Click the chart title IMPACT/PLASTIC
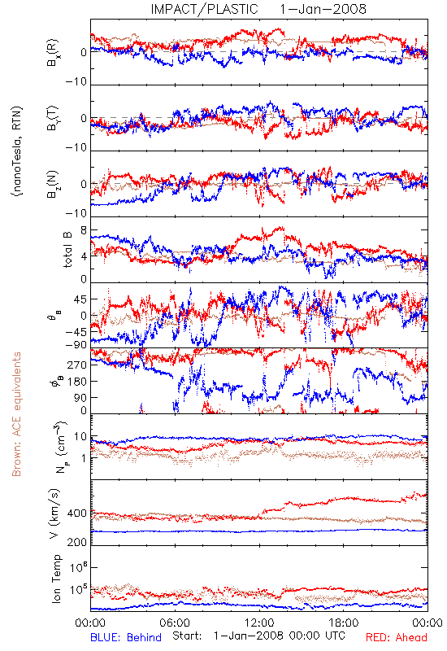(x=205, y=9)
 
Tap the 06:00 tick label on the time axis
(x=175, y=623)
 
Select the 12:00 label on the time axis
(x=259, y=623)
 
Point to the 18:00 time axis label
(x=344, y=623)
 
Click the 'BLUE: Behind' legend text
(x=126, y=637)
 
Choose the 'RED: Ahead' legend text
(x=396, y=637)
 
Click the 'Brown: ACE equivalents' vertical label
(x=16, y=414)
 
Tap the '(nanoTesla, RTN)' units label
(x=17, y=151)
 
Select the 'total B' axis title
(x=67, y=249)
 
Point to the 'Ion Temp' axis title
(x=56, y=579)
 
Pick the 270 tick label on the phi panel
(x=78, y=365)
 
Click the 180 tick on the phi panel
(x=78, y=381)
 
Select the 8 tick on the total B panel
(x=85, y=230)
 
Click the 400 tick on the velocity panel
(x=77, y=513)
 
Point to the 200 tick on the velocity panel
(x=77, y=542)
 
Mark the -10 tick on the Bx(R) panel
(x=76, y=81)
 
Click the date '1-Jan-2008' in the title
(x=323, y=9)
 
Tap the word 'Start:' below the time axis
(x=188, y=636)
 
